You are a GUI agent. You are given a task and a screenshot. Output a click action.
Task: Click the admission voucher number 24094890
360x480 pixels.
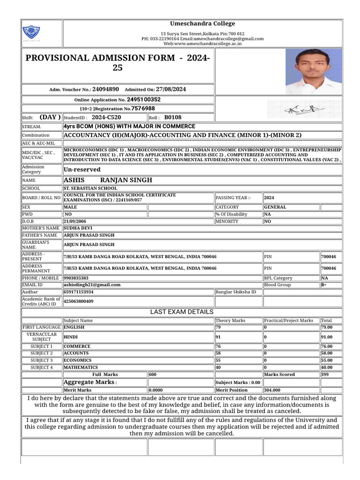(x=105, y=89)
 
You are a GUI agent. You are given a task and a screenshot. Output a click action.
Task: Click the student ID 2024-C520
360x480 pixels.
(x=106, y=118)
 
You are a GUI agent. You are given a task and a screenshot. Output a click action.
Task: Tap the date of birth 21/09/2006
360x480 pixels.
(x=75, y=221)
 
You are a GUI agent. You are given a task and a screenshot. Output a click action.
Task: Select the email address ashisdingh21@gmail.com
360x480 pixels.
(x=92, y=285)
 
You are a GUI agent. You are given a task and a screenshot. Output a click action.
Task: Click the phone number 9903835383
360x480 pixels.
(x=76, y=278)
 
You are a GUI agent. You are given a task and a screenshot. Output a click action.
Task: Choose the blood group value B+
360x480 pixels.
(x=324, y=285)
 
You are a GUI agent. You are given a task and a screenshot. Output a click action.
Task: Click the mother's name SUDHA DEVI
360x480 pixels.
(x=78, y=228)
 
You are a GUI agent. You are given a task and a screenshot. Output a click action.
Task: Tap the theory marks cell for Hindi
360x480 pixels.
(x=218, y=337)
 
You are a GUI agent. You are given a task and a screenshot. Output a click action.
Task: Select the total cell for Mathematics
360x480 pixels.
(x=327, y=367)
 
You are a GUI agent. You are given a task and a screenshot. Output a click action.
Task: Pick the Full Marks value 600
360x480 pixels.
(x=153, y=375)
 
